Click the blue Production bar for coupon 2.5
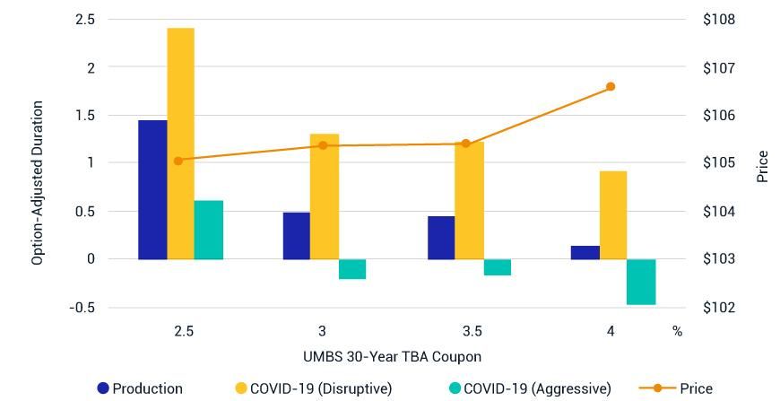[x=152, y=189]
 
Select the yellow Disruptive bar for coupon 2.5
[x=180, y=144]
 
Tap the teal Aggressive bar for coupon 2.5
[x=208, y=230]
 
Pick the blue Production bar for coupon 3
[x=297, y=236]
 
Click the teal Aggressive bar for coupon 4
[x=641, y=282]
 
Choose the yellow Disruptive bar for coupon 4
[x=613, y=215]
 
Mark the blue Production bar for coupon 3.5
[x=441, y=238]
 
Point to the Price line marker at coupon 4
[x=611, y=87]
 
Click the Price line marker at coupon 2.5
[x=178, y=161]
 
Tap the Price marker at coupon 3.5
[x=465, y=144]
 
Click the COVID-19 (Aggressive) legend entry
[x=529, y=388]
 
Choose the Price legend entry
[x=677, y=388]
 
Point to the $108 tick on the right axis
[x=720, y=20]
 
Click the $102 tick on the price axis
[x=720, y=308]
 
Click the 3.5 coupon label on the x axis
[x=466, y=331]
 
